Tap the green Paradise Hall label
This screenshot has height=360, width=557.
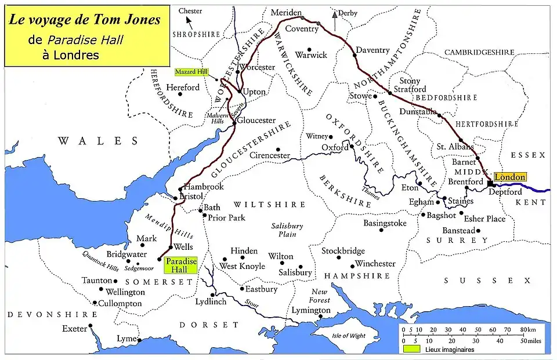[x=181, y=265]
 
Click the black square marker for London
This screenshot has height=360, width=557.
[x=490, y=183]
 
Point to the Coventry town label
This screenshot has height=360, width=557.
[x=302, y=28]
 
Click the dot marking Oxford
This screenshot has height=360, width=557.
[x=352, y=147]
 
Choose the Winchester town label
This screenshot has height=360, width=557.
[x=375, y=264]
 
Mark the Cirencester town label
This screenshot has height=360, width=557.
[x=269, y=155]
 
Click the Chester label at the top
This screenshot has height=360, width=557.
[x=190, y=11]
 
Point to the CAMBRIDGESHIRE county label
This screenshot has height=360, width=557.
[x=479, y=52]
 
